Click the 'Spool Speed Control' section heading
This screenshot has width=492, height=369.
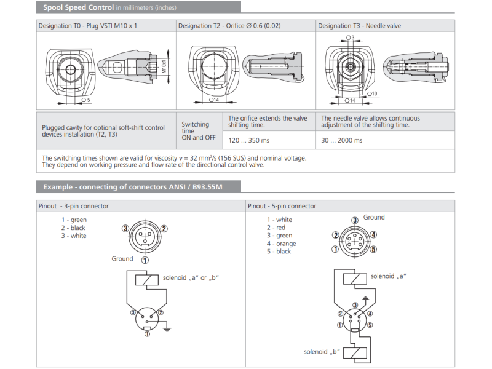pyautogui.click(x=78, y=7)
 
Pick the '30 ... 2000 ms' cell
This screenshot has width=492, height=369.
pyautogui.click(x=342, y=140)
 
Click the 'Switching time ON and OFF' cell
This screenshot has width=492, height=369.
pyautogui.click(x=196, y=131)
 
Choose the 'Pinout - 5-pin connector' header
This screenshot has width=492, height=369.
pyautogui.click(x=282, y=206)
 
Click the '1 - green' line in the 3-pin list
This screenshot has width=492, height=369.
pyautogui.click(x=74, y=220)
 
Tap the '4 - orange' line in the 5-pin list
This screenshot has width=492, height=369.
pyautogui.click(x=281, y=244)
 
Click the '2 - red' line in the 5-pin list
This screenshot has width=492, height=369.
pyautogui.click(x=276, y=228)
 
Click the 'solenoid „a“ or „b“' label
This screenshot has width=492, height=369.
pyautogui.click(x=191, y=278)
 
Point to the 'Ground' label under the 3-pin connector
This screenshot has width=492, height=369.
pyautogui.click(x=122, y=258)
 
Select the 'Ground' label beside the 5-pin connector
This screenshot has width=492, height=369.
pyautogui.click(x=374, y=217)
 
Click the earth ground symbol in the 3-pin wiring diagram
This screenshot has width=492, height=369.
pyautogui.click(x=167, y=329)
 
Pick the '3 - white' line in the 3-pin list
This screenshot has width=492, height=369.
pyautogui.click(x=74, y=236)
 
